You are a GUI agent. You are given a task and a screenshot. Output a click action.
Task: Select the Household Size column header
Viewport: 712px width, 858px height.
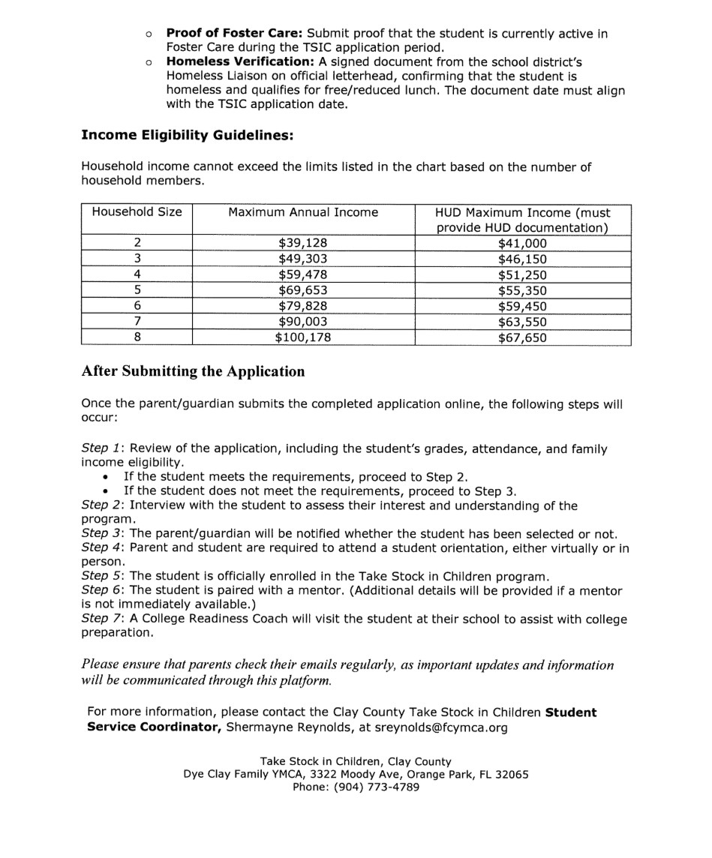click(x=137, y=212)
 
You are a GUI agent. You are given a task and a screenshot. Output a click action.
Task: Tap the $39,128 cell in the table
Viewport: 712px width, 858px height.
click(x=302, y=243)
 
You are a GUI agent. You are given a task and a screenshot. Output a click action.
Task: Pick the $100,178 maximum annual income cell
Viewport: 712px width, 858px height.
click(x=302, y=337)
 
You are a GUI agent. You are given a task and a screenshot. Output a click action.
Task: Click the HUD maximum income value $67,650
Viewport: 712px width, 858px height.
click(x=522, y=337)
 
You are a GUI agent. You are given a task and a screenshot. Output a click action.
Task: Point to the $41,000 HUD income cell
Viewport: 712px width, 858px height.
click(x=522, y=243)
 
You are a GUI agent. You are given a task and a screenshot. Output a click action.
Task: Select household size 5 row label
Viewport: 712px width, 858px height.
click(x=137, y=290)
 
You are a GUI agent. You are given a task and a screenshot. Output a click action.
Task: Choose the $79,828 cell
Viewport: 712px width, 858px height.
click(x=302, y=306)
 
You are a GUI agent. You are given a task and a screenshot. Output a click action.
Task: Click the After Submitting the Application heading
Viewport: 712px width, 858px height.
click(x=193, y=372)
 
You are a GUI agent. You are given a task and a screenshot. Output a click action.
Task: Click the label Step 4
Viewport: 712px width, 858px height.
click(x=102, y=547)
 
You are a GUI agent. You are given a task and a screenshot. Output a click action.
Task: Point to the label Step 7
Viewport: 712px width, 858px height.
click(x=102, y=619)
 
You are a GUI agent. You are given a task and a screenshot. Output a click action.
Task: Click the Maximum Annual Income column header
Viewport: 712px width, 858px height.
click(x=302, y=212)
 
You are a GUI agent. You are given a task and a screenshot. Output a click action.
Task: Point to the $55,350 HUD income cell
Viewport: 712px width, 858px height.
click(x=522, y=290)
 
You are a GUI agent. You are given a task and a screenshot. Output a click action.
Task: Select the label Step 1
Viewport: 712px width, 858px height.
click(x=102, y=448)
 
